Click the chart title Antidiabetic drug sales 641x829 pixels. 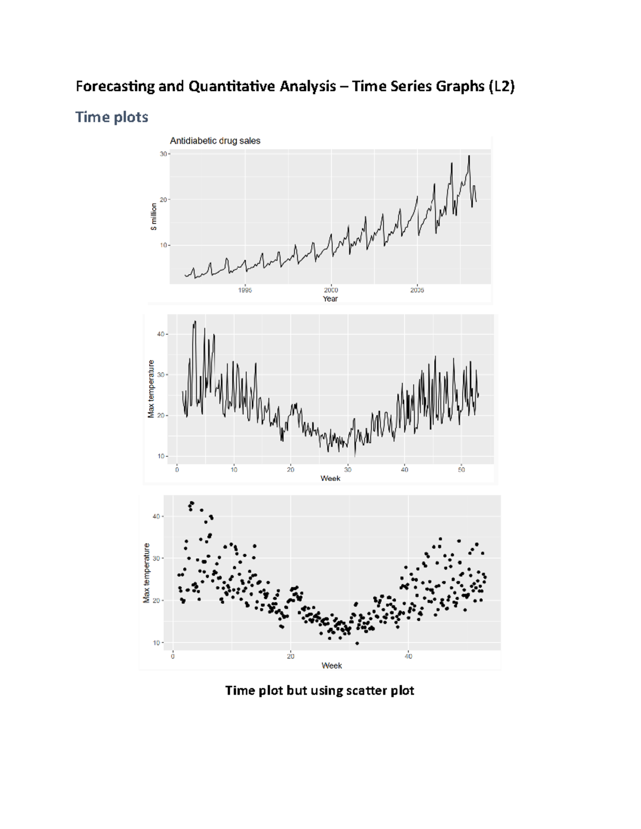click(215, 141)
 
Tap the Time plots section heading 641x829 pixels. click(112, 117)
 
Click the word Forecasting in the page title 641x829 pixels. click(115, 86)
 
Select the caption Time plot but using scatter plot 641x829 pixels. click(319, 690)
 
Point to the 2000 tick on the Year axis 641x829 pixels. click(331, 290)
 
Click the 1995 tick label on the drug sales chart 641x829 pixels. click(245, 290)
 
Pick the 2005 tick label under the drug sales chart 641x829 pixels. click(417, 290)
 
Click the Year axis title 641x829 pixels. click(330, 299)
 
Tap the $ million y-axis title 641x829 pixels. click(154, 216)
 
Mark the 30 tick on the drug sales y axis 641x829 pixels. click(163, 154)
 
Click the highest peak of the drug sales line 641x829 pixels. click(469, 156)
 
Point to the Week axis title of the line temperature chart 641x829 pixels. click(330, 478)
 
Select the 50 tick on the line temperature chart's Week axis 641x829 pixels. click(462, 470)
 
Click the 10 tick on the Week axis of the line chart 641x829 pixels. click(234, 470)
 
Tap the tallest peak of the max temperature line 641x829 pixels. click(195, 321)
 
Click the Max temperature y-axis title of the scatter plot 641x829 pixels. click(146, 573)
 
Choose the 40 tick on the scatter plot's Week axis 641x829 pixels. click(408, 657)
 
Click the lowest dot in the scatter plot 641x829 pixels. click(357, 643)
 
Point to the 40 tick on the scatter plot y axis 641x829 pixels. click(157, 517)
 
